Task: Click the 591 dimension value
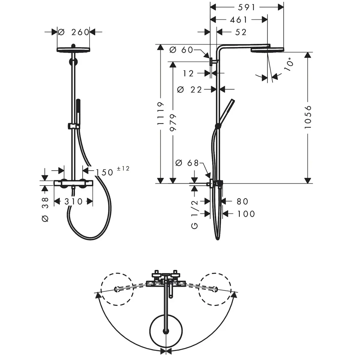pyautogui.click(x=247, y=7)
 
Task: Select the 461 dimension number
pyautogui.click(x=238, y=20)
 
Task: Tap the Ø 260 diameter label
pyautogui.click(x=73, y=32)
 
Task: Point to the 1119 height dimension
pyautogui.click(x=160, y=113)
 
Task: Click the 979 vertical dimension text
pyautogui.click(x=173, y=123)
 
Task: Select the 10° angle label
pyautogui.click(x=288, y=64)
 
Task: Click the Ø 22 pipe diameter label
pyautogui.click(x=189, y=90)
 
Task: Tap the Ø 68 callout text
pyautogui.click(x=187, y=163)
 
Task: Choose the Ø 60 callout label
pyautogui.click(x=181, y=50)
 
